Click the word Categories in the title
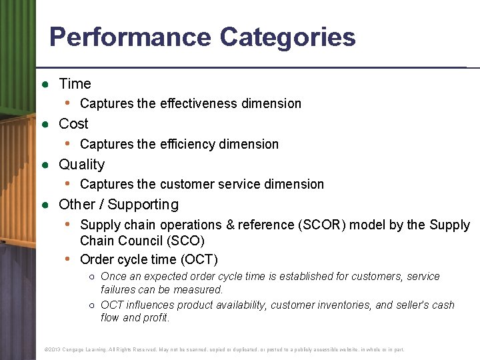point(288,37)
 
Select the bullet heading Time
point(75,84)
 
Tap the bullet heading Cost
point(73,124)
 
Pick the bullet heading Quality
point(81,165)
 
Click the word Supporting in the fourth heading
point(143,205)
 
